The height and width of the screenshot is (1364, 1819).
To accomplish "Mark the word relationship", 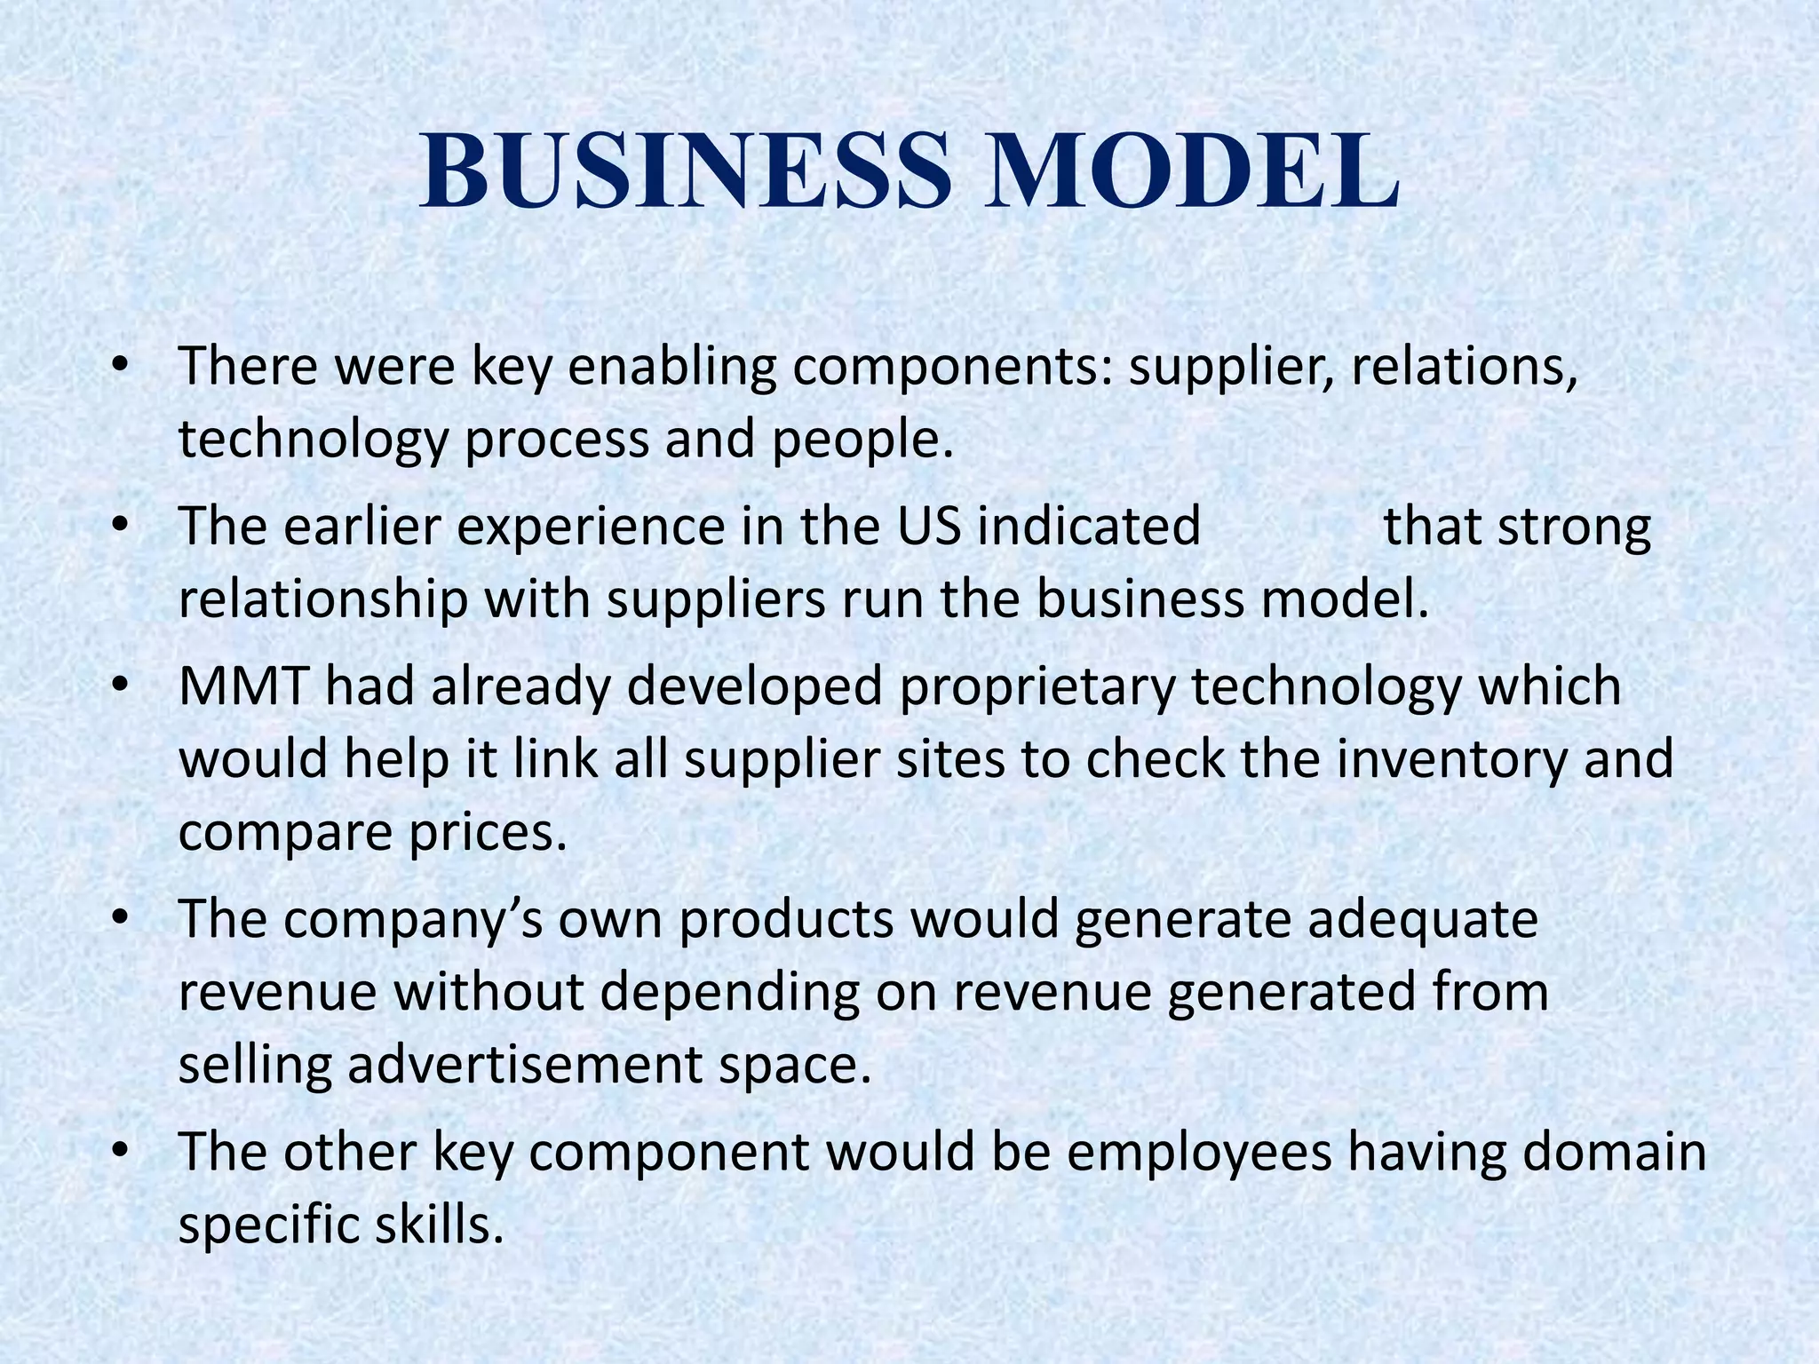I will [322, 599].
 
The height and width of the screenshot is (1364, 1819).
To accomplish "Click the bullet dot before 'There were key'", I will [122, 367].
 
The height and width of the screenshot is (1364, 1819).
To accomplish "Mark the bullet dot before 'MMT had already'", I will [122, 686].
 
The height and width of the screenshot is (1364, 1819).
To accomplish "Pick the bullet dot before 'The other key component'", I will [122, 1152].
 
